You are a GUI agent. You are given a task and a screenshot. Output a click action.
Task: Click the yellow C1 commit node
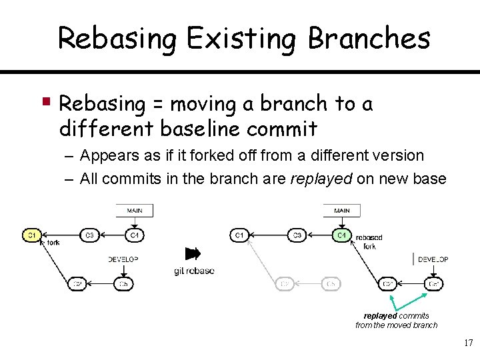31,235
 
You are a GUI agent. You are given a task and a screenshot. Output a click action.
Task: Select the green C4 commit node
341,235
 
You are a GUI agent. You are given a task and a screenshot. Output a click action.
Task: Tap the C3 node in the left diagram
91,235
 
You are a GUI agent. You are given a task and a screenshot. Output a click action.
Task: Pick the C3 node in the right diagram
298,235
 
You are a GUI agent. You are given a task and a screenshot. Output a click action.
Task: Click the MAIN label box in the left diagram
134,211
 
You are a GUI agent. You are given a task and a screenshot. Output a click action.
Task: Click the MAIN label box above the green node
341,211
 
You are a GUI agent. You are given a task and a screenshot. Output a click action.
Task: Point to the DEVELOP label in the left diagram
123,259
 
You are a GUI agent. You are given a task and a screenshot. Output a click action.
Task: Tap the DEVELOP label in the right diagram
433,259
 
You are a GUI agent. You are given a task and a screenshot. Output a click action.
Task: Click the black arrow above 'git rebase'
193,253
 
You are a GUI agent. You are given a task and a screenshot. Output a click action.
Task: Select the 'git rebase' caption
194,270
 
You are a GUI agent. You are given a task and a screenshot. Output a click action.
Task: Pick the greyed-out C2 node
285,284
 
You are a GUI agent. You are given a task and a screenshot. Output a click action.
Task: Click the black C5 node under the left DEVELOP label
123,284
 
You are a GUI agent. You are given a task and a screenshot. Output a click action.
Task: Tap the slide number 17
467,343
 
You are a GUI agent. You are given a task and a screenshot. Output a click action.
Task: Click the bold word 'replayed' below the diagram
380,315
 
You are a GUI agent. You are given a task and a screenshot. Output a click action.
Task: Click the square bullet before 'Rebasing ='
47,102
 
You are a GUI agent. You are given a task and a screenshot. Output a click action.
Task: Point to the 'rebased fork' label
369,241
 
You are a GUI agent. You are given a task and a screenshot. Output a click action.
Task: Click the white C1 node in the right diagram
239,235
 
